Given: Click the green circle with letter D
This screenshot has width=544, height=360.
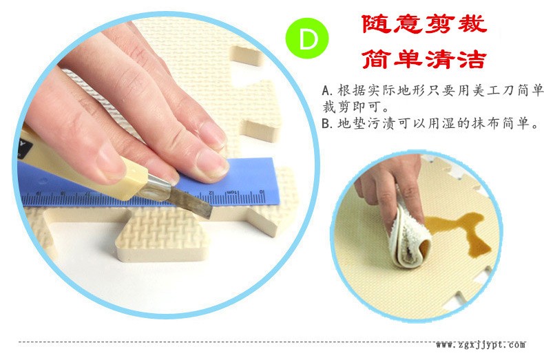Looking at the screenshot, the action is tap(306, 38).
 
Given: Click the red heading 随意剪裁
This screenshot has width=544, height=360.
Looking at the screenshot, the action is tap(424, 24).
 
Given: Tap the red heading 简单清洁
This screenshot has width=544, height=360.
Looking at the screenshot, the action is tap(423, 59).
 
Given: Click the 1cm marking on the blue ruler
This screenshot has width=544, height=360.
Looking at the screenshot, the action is tap(233, 193).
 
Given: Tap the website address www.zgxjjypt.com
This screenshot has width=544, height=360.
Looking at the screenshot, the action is tap(481, 344).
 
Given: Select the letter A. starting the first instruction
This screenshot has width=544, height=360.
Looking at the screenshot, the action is tap(327, 91).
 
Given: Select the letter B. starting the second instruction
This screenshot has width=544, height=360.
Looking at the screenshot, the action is tap(327, 123).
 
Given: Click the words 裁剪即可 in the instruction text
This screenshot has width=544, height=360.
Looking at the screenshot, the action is tap(351, 107).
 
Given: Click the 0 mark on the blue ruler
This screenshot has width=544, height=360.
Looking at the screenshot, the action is tap(262, 192).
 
